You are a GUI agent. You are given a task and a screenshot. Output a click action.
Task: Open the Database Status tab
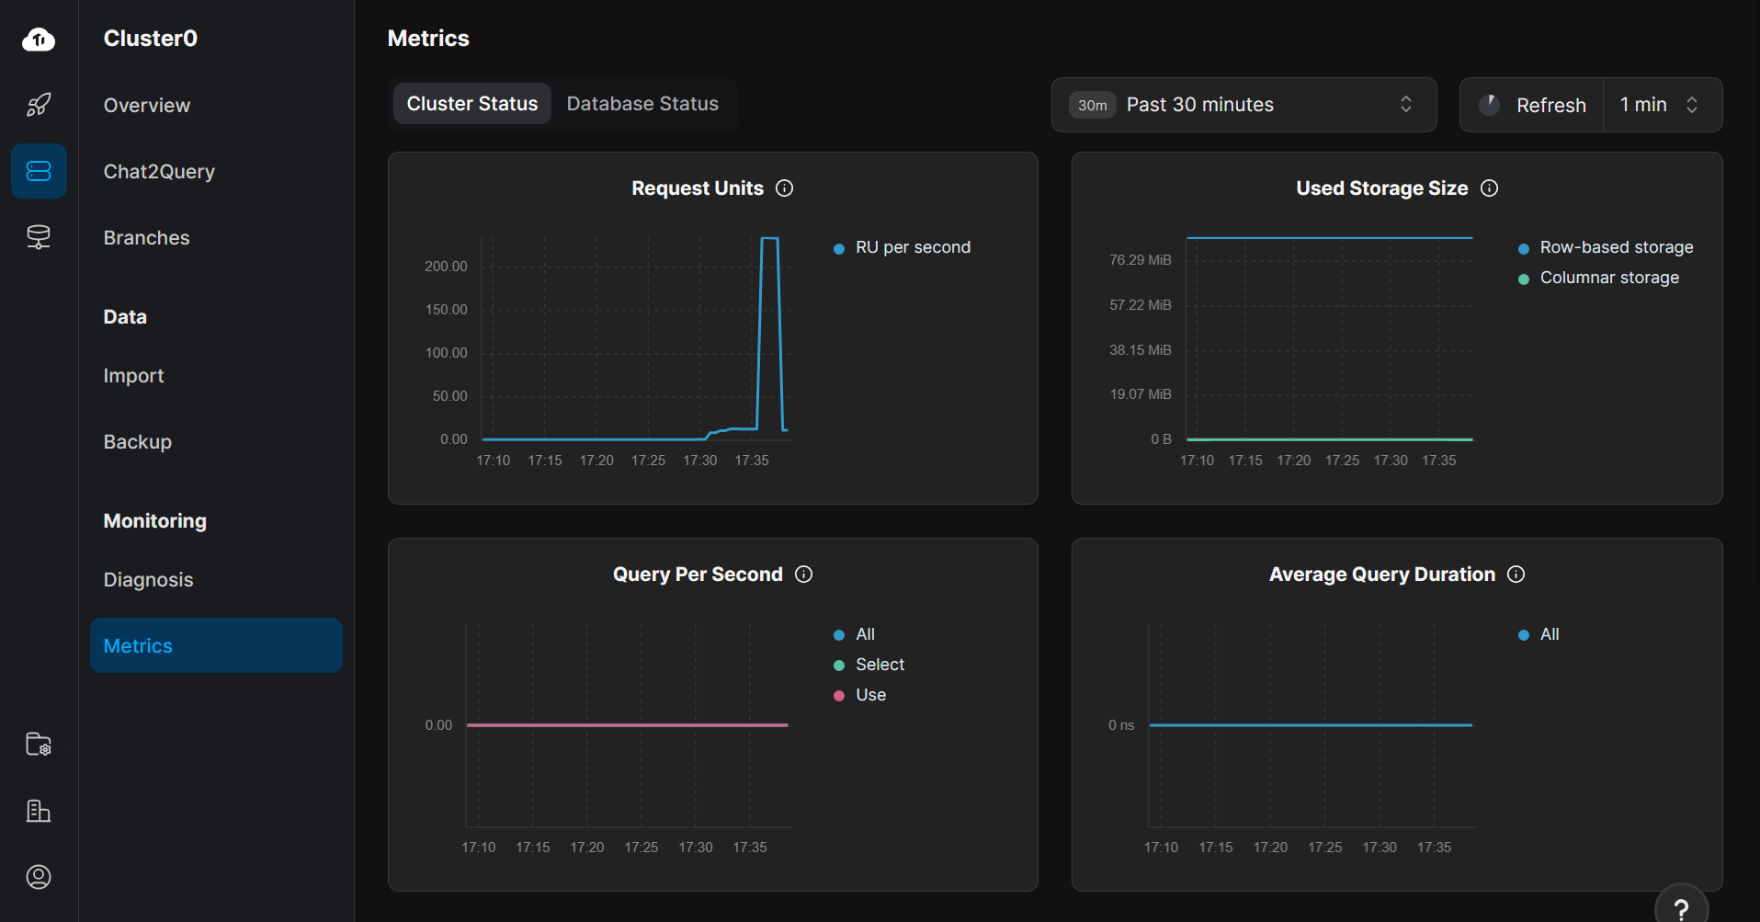[642, 104]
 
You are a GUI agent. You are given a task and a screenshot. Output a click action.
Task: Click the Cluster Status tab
[472, 104]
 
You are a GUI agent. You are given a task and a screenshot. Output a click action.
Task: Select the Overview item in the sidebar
[147, 106]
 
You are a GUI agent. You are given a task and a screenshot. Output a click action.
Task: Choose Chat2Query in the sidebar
[159, 172]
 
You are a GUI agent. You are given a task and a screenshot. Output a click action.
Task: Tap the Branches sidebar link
[146, 238]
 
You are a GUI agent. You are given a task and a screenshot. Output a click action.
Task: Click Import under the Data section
[133, 376]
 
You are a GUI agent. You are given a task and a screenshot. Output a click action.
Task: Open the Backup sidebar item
[138, 442]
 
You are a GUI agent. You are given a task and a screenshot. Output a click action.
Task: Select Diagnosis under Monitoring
[148, 580]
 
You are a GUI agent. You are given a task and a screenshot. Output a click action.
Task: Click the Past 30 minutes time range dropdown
[1243, 105]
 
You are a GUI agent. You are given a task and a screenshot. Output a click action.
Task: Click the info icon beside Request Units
[784, 188]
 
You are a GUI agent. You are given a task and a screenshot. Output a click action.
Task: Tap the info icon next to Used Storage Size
[1489, 188]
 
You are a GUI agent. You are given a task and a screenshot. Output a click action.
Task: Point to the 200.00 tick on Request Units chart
[446, 267]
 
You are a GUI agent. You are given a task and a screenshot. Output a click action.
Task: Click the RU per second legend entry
[912, 247]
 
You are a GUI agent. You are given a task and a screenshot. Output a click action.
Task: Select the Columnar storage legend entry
[1608, 278]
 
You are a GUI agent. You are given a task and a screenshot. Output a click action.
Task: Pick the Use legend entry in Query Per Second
[869, 695]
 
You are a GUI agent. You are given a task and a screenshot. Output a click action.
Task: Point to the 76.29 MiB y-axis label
[1140, 260]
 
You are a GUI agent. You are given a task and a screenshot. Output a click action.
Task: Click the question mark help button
[1681, 908]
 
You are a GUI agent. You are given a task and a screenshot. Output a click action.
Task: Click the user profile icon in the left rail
[39, 877]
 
